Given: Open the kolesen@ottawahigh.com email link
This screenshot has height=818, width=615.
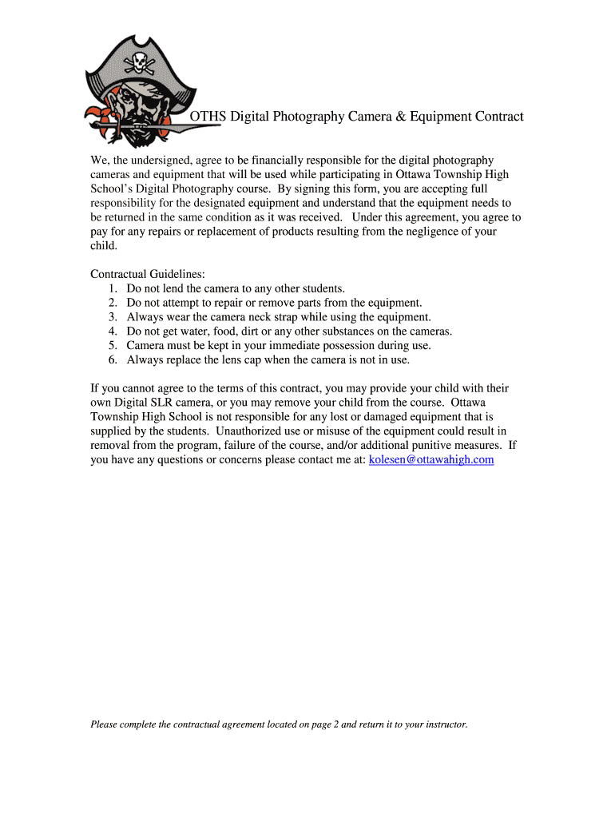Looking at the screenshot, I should pos(431,459).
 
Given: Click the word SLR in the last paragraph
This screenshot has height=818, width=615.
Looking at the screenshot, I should pos(197,402).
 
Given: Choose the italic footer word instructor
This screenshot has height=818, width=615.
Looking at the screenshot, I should pos(446,725).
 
